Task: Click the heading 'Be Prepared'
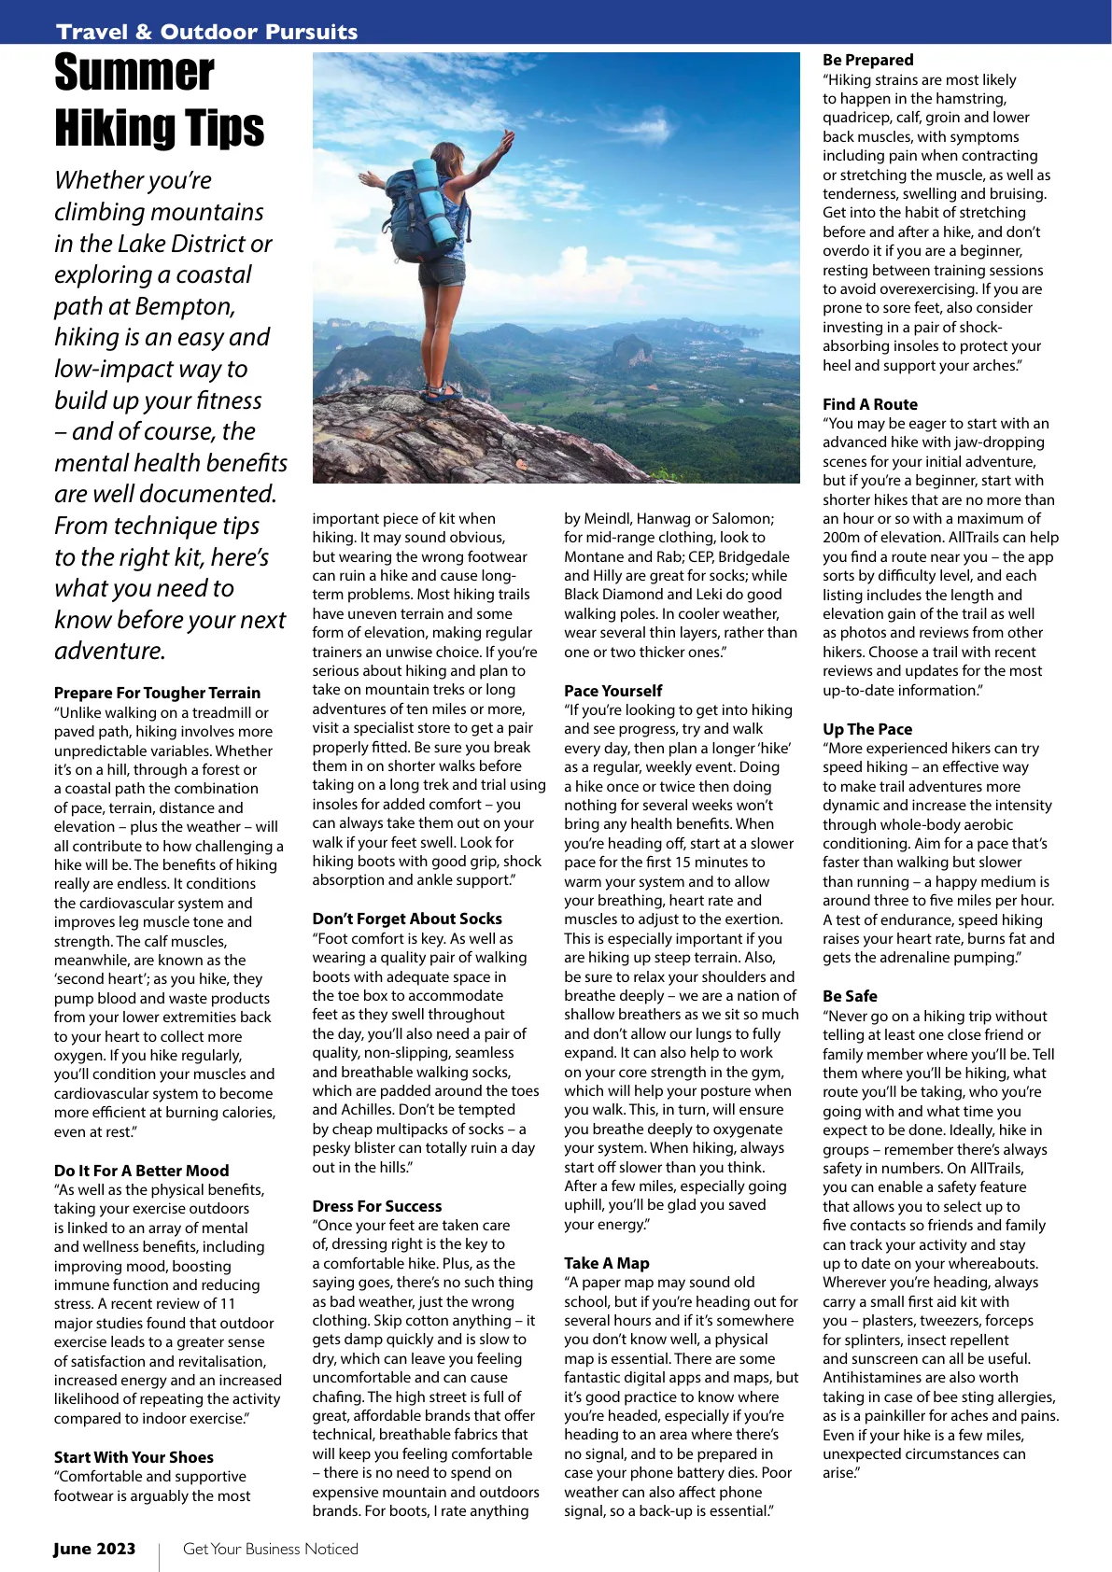click(x=867, y=60)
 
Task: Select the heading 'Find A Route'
click(x=869, y=404)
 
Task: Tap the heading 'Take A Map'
click(x=606, y=1263)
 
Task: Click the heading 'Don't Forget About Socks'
click(x=406, y=919)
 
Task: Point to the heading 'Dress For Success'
click(x=376, y=1206)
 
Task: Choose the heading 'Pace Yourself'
click(x=612, y=691)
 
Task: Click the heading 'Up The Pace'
click(x=866, y=729)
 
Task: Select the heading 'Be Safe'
click(x=849, y=996)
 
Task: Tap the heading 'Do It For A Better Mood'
click(x=141, y=1171)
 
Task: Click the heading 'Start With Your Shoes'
click(x=134, y=1457)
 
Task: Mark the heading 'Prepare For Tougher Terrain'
click(x=157, y=693)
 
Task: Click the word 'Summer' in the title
click(x=134, y=73)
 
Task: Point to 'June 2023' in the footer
click(x=93, y=1549)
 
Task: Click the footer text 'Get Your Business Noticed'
click(x=270, y=1549)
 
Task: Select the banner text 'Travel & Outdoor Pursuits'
click(x=206, y=32)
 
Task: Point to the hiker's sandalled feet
click(x=442, y=393)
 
